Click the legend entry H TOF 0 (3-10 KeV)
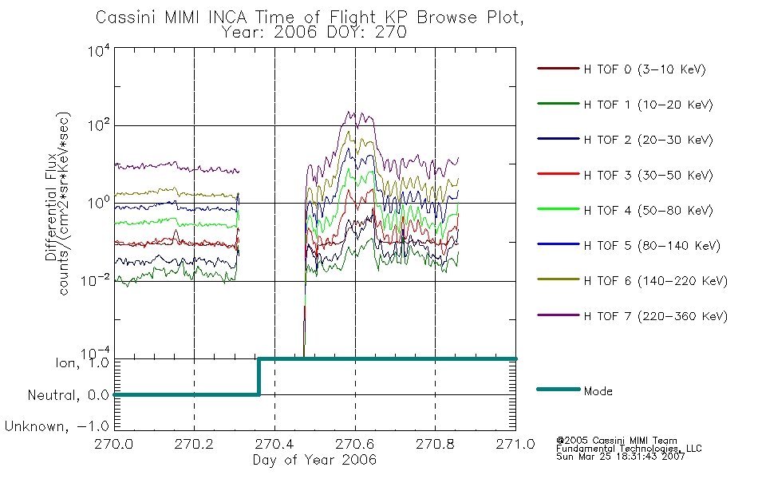[x=622, y=69]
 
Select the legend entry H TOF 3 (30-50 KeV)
[x=625, y=175]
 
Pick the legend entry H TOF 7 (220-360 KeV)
[x=632, y=316]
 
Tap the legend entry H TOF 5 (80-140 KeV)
[x=629, y=246]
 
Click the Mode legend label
[x=598, y=391]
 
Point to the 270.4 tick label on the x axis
[x=274, y=444]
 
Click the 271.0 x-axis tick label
[x=515, y=444]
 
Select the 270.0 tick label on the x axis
[x=114, y=444]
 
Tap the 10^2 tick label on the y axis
[x=99, y=125]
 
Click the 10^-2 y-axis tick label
[x=96, y=280]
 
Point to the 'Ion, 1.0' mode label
[x=82, y=362]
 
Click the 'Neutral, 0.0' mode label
[x=69, y=395]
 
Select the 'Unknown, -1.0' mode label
[x=57, y=426]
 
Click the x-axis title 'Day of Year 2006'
[x=314, y=460]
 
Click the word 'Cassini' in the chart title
[x=127, y=18]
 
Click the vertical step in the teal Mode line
[x=259, y=377]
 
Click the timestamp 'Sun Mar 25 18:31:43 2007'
[x=620, y=457]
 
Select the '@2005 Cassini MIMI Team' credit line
[x=616, y=441]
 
